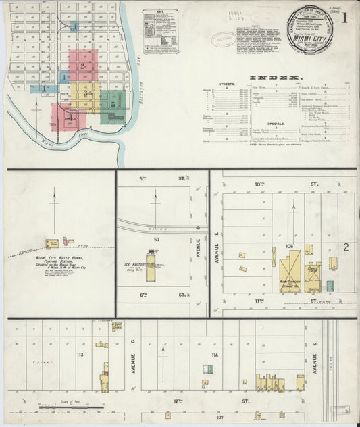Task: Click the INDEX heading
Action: coord(276,78)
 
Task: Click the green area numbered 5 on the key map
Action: coord(113,104)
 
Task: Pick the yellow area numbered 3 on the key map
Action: coord(85,94)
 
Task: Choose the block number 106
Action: coord(290,247)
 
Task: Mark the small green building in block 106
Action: coord(330,285)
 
